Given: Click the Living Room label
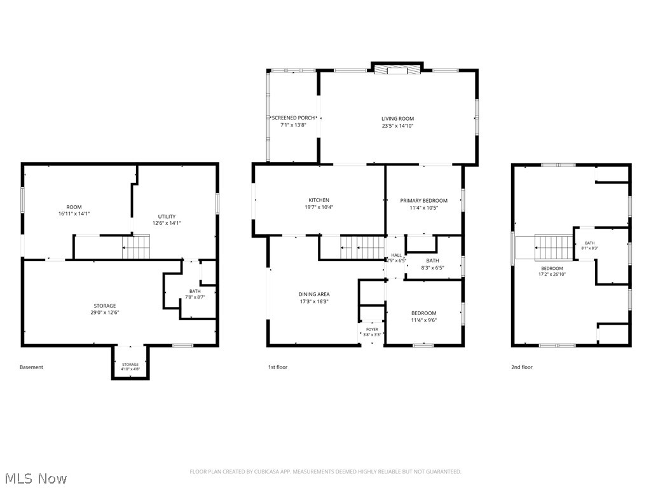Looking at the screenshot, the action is coord(398,119).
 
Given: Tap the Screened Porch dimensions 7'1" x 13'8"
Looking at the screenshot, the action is coord(293,125).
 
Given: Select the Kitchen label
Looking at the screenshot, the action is coord(319,200).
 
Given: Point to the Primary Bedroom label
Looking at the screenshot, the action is coord(424,200).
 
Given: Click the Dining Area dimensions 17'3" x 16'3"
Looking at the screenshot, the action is coord(314,301).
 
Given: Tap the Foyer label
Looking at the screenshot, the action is coord(372,330).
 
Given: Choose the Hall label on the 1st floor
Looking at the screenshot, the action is coord(397,255).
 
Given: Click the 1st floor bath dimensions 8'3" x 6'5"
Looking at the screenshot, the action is coord(432,268).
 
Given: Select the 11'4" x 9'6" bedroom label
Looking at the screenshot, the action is coord(424,316).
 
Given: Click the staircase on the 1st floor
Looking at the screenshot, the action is coord(362,247).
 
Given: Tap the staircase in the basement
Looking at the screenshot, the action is coord(136,247).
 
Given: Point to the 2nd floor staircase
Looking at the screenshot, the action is coord(554,247).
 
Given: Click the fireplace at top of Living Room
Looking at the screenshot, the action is coord(397,69).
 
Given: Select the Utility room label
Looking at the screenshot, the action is coord(167,216).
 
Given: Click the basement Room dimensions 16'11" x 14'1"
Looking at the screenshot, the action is coord(74,213).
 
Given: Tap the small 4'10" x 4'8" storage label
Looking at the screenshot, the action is coord(130,367).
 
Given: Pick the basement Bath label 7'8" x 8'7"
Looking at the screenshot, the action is coord(195,294).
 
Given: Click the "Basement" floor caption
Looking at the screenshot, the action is coord(31,367).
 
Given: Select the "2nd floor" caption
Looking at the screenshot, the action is coord(522,367).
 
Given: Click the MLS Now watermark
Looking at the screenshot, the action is coord(36,478).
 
